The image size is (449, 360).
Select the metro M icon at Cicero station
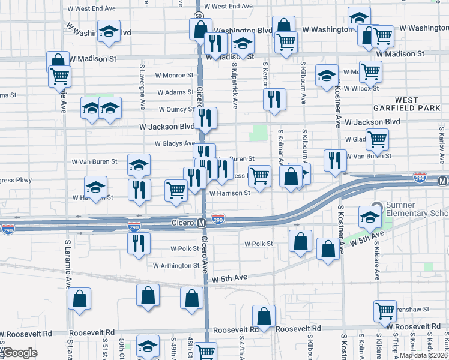pyautogui.click(x=202, y=223)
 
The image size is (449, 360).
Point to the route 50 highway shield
pyautogui.click(x=199, y=14)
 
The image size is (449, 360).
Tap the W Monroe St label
pyautogui.click(x=174, y=76)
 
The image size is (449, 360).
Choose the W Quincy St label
pyautogui.click(x=176, y=109)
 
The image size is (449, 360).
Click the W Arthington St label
pyautogui.click(x=176, y=265)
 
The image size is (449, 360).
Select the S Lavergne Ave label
pyautogui.click(x=143, y=87)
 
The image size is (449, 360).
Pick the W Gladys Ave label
pyautogui.click(x=175, y=143)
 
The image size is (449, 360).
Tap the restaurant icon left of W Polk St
pyautogui.click(x=138, y=243)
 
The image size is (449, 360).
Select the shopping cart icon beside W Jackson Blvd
pyautogui.click(x=377, y=139)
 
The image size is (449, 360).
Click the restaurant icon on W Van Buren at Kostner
pyautogui.click(x=335, y=160)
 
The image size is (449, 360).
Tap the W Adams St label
pyautogui.click(x=175, y=92)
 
